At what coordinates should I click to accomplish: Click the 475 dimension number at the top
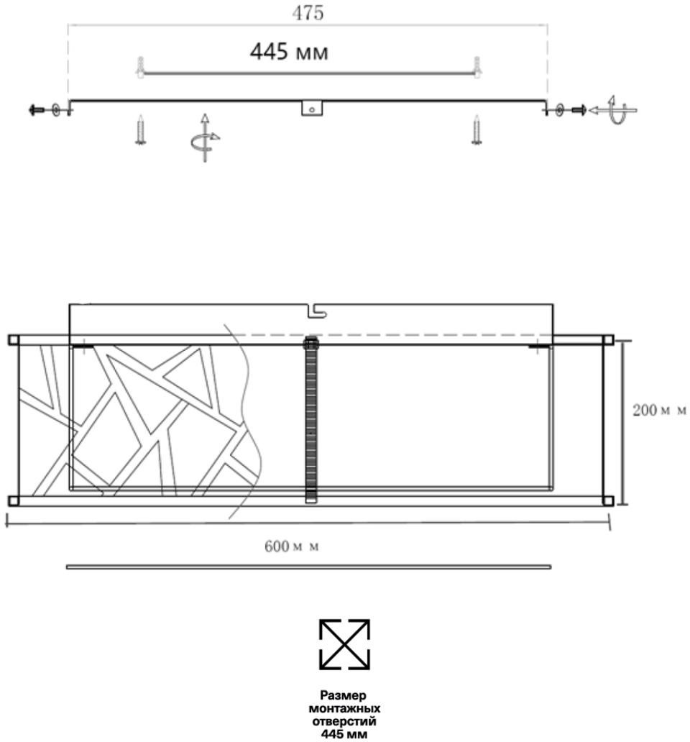308,13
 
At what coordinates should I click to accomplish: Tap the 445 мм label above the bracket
289,52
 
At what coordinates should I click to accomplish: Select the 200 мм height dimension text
659,410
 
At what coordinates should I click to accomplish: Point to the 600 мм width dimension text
291,546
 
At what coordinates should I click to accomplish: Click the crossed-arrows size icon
344,644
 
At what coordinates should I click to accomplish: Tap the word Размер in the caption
344,695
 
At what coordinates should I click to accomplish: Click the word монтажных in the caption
344,708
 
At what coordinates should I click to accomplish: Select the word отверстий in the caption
344,721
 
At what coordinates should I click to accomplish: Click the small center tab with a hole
312,109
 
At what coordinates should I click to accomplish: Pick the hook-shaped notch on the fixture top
317,311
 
